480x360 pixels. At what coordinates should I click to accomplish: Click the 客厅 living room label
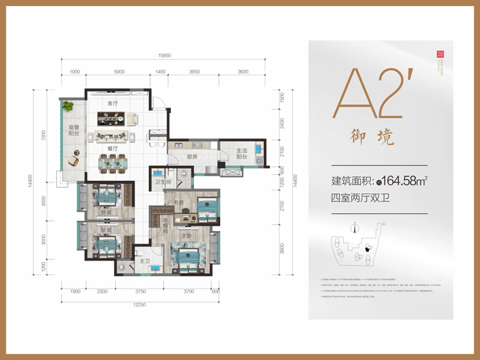(112, 104)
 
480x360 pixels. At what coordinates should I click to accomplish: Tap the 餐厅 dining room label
(112, 148)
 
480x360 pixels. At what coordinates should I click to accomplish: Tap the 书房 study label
(180, 202)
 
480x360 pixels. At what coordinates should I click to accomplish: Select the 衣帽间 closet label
(167, 224)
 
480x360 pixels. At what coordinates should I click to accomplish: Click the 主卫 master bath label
(145, 261)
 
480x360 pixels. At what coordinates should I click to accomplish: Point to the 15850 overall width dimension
(163, 55)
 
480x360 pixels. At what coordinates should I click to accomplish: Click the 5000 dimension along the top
(119, 71)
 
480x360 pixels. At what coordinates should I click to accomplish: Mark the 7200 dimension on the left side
(42, 134)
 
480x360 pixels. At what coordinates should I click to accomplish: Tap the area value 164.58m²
(405, 182)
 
